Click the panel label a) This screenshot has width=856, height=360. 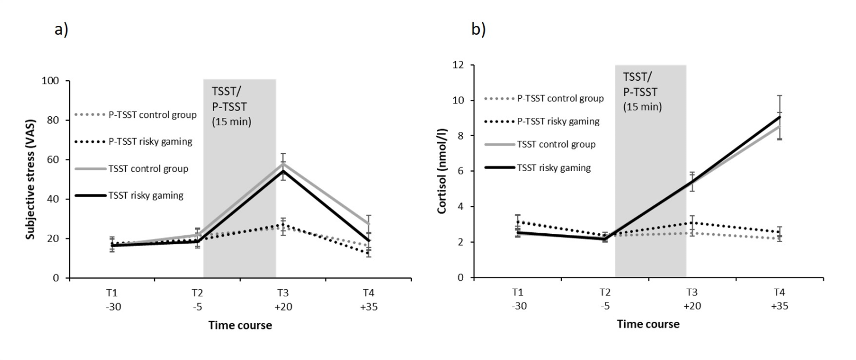click(61, 30)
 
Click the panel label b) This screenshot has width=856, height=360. click(478, 30)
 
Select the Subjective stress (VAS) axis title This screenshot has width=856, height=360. click(31, 179)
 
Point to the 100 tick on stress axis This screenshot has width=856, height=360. click(53, 81)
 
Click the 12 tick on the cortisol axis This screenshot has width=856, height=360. click(458, 65)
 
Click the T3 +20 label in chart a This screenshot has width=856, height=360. click(283, 299)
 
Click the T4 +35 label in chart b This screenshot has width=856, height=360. click(779, 298)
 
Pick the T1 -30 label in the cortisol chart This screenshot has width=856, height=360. click(518, 298)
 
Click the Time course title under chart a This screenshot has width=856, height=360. click(240, 325)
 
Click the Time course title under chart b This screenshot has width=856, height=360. click(648, 324)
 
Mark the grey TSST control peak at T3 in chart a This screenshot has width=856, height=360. click(283, 163)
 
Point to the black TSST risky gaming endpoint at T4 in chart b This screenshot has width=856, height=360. click(779, 117)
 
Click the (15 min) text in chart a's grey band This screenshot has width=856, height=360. click(231, 123)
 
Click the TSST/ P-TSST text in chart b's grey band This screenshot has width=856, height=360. click(640, 85)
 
